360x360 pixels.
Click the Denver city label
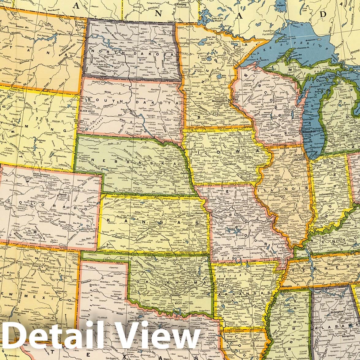click(63, 194)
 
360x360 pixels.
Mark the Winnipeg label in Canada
click(181, 5)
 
